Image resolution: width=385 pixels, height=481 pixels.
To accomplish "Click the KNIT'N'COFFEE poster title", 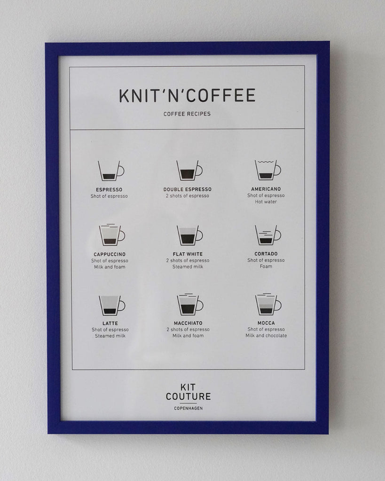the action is pos(187,95).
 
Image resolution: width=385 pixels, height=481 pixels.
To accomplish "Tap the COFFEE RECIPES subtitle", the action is pos(187,114).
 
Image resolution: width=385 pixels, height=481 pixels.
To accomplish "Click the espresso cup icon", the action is pos(111,171).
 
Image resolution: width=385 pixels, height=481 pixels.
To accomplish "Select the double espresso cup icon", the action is pos(189,170).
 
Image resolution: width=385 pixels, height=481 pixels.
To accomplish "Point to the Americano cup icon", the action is pos(268,170).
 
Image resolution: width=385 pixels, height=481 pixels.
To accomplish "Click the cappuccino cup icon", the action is pos(112,235).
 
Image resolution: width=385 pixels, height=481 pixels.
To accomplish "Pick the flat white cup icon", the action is pos(189,235).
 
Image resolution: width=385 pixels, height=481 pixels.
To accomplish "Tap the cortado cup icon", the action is pos(268,235).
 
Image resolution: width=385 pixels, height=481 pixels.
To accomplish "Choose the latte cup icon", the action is pos(112,305).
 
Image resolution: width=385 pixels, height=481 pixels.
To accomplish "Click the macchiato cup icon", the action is pos(190,304).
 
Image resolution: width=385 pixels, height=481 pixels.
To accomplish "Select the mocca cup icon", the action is pos(268,304).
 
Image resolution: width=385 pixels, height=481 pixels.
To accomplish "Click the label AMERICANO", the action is pos(266,189).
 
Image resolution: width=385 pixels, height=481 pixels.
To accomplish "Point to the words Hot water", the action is pos(266,202).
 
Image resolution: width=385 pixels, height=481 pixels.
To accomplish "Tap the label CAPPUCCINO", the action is pos(110,254).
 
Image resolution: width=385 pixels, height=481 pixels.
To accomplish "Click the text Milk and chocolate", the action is pos(266,335).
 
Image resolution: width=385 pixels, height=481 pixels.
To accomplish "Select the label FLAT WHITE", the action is pos(188,254).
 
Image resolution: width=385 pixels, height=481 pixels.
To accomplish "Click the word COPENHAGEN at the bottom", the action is pos(188,408).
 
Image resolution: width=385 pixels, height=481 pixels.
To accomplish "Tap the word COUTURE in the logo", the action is pos(188,396).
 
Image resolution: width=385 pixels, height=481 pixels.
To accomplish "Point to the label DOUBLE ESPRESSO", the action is pos(187,189).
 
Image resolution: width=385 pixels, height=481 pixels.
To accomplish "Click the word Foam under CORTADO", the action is pos(266,266).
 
